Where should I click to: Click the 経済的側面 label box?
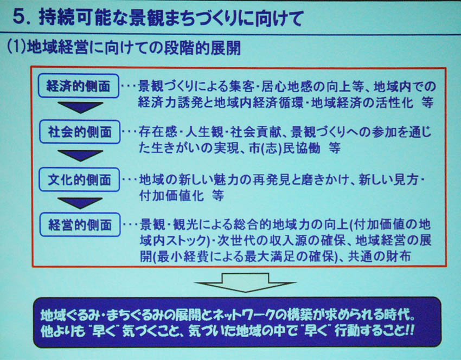click(79, 86)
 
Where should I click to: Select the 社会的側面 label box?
click(80, 132)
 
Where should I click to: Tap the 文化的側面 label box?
click(79, 179)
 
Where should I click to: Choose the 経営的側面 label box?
click(80, 225)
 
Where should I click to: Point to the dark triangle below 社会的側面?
click(80, 156)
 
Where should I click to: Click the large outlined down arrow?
click(245, 282)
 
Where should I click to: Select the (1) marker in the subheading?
click(16, 47)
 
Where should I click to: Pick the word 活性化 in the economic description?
click(394, 103)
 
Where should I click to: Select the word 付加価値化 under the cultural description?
click(171, 196)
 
